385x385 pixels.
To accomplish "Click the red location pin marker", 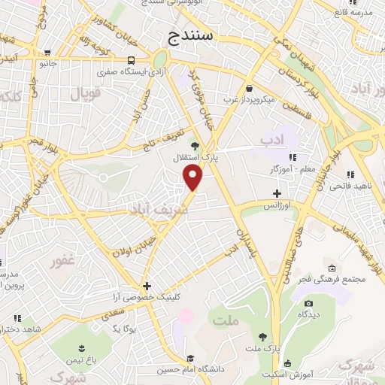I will point(194,178).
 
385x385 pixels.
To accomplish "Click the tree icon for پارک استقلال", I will point(196,145).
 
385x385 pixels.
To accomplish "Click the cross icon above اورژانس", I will point(277,193).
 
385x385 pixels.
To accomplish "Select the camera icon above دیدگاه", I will point(308,303).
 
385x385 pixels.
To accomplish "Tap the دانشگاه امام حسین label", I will point(191,369).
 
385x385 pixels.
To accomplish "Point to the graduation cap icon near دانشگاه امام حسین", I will point(191,358).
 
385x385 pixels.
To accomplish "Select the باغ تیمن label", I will point(80,360).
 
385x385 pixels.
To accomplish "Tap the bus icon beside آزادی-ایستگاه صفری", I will point(132,61).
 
